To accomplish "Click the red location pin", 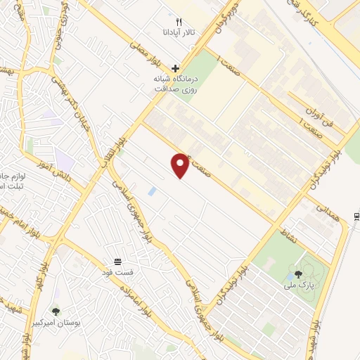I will point(181,165).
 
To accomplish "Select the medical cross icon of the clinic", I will point(175,67).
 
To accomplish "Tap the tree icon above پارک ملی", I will point(299,275).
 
